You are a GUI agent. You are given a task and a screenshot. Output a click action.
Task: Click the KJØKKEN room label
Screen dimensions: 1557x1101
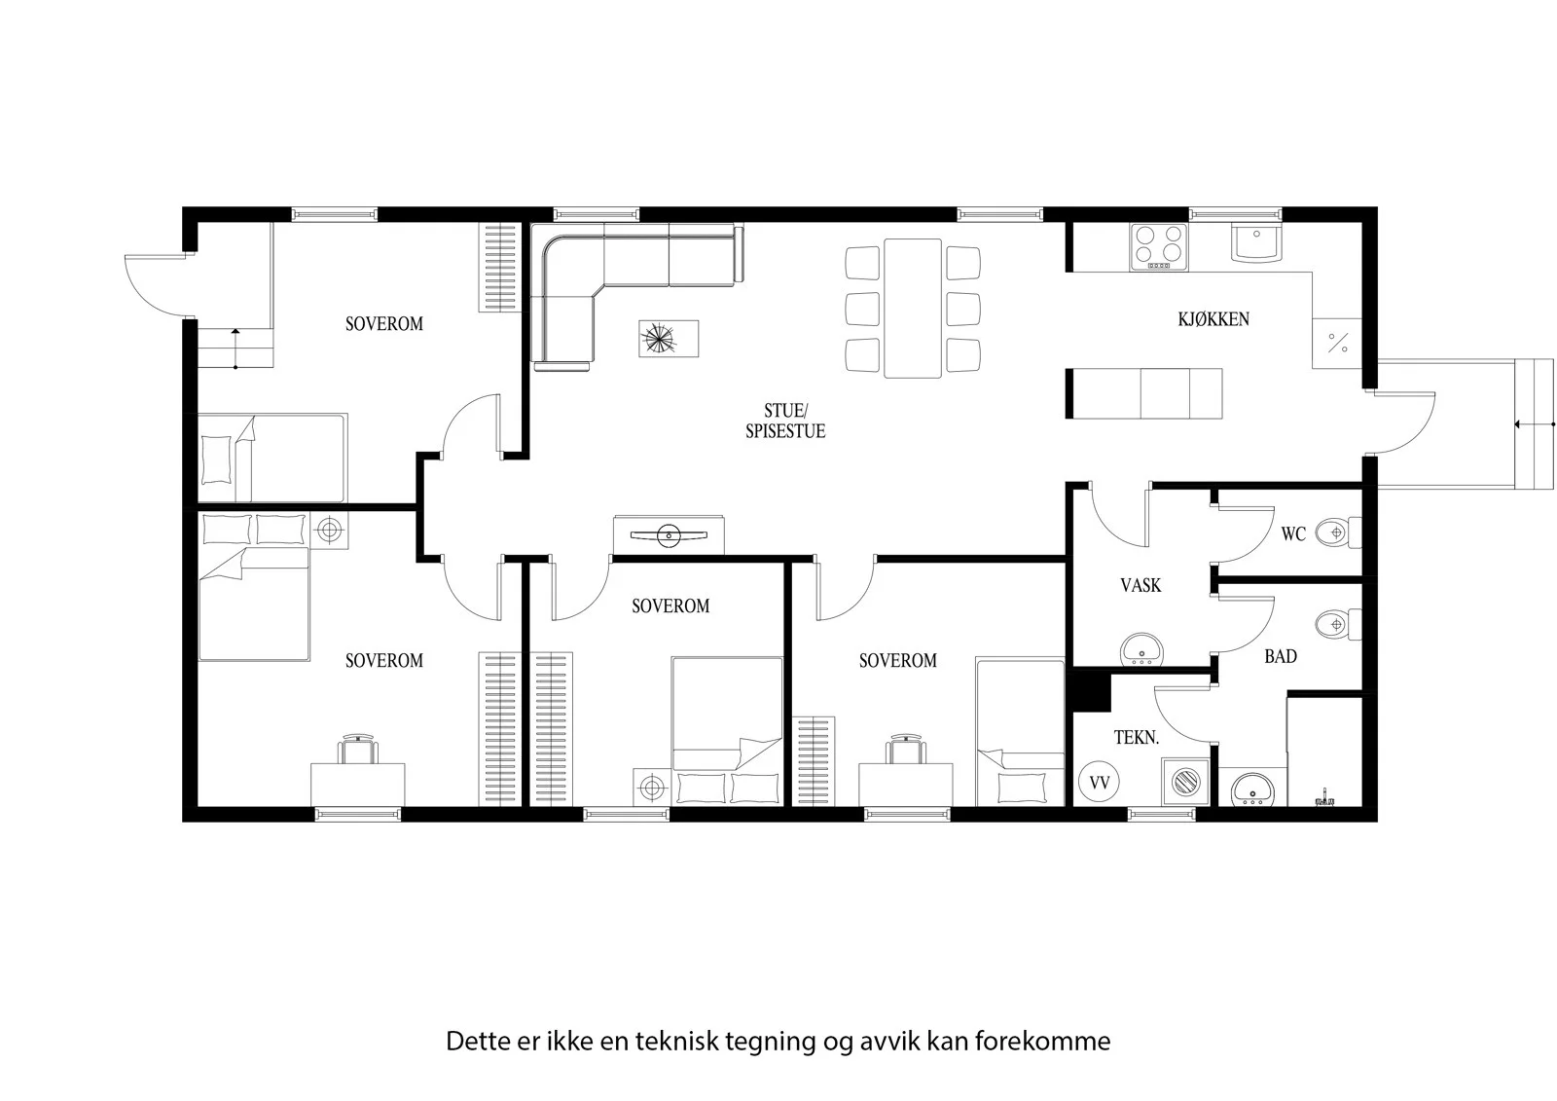click(1213, 319)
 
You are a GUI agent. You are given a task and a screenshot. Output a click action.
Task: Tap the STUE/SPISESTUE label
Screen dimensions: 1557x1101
click(785, 421)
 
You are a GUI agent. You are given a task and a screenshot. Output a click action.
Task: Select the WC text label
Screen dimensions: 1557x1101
click(1293, 534)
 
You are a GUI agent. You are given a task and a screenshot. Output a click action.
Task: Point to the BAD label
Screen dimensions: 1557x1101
click(1281, 656)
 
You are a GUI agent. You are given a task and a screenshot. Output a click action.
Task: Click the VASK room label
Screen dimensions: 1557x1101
click(1141, 586)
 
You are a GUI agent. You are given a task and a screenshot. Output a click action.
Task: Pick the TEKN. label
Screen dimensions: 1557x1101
click(1137, 737)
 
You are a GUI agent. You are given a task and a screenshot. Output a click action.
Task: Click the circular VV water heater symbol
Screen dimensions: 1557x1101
click(1099, 783)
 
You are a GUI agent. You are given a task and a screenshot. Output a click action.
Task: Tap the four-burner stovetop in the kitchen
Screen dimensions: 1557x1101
click(1159, 246)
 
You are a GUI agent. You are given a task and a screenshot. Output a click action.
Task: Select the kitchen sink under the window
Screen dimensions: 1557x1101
click(1256, 242)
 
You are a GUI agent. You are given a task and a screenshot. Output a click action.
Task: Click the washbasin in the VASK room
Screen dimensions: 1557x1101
click(1141, 649)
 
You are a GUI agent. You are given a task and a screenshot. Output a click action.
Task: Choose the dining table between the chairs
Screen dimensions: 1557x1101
click(913, 309)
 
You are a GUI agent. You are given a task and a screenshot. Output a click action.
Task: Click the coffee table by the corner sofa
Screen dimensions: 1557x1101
click(669, 339)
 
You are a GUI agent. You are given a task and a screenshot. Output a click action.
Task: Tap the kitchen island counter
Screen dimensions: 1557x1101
click(1144, 393)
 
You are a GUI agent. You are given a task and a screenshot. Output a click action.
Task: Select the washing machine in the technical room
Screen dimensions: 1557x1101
click(1184, 782)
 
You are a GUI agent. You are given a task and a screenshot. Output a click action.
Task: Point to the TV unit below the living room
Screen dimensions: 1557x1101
click(669, 534)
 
